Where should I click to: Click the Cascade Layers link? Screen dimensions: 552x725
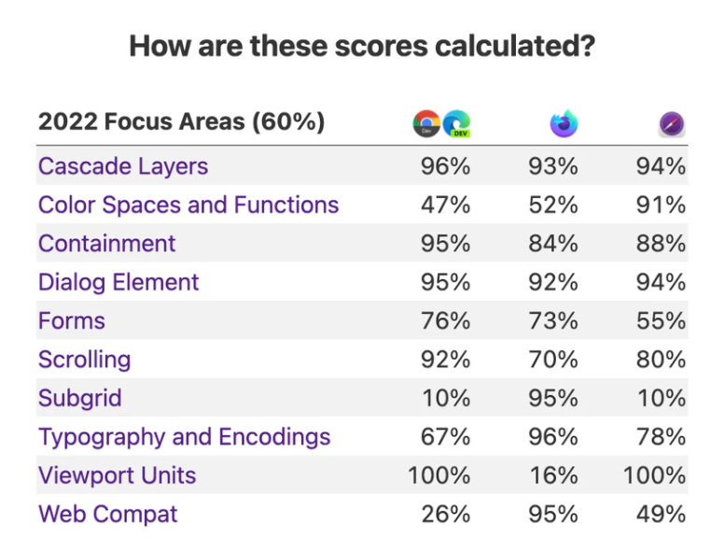[123, 166]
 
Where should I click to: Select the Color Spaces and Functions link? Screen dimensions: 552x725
[188, 205]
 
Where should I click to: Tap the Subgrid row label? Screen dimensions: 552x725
[80, 398]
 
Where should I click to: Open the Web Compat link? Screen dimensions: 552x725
[108, 514]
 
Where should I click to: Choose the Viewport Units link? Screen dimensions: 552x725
[118, 475]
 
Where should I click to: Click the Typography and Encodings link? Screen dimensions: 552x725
[185, 436]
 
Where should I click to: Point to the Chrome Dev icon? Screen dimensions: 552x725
[427, 123]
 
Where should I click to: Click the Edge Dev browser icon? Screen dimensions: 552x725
[456, 123]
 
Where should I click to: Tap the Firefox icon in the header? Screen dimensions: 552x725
[564, 123]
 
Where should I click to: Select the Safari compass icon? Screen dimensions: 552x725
[672, 123]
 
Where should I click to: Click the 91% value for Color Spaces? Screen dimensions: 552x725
[662, 205]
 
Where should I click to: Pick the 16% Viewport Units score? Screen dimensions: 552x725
[554, 475]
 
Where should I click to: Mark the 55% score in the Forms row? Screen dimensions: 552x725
[662, 320]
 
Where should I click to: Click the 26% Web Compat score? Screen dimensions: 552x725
[446, 514]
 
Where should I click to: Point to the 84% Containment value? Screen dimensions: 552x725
[553, 243]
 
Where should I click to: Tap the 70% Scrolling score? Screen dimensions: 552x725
[553, 360]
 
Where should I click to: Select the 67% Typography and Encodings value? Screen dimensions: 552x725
[446, 436]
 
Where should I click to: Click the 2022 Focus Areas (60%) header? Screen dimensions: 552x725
[181, 121]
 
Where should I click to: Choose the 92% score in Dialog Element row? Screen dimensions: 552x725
[553, 282]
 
